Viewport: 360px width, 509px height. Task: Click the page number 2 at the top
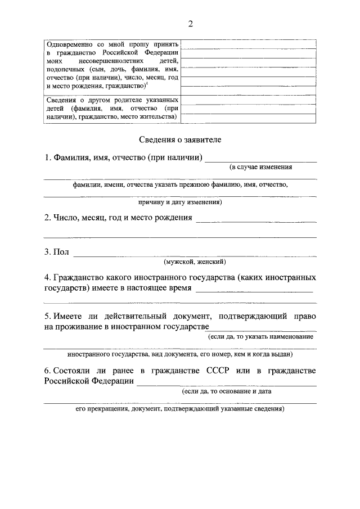pyautogui.click(x=191, y=24)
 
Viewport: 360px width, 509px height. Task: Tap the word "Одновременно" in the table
pyautogui.click(x=70, y=44)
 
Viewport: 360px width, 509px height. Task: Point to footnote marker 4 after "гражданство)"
pyautogui.click(x=147, y=84)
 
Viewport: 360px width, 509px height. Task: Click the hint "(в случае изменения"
pyautogui.click(x=260, y=167)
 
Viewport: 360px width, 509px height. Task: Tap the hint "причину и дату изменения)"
pyautogui.click(x=180, y=201)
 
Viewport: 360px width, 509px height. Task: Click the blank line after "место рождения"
pyautogui.click(x=255, y=221)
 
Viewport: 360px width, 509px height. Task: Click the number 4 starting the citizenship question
pyautogui.click(x=47, y=278)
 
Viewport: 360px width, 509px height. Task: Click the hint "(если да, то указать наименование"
pyautogui.click(x=260, y=336)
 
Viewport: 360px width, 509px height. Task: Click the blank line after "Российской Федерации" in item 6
pyautogui.click(x=226, y=385)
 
